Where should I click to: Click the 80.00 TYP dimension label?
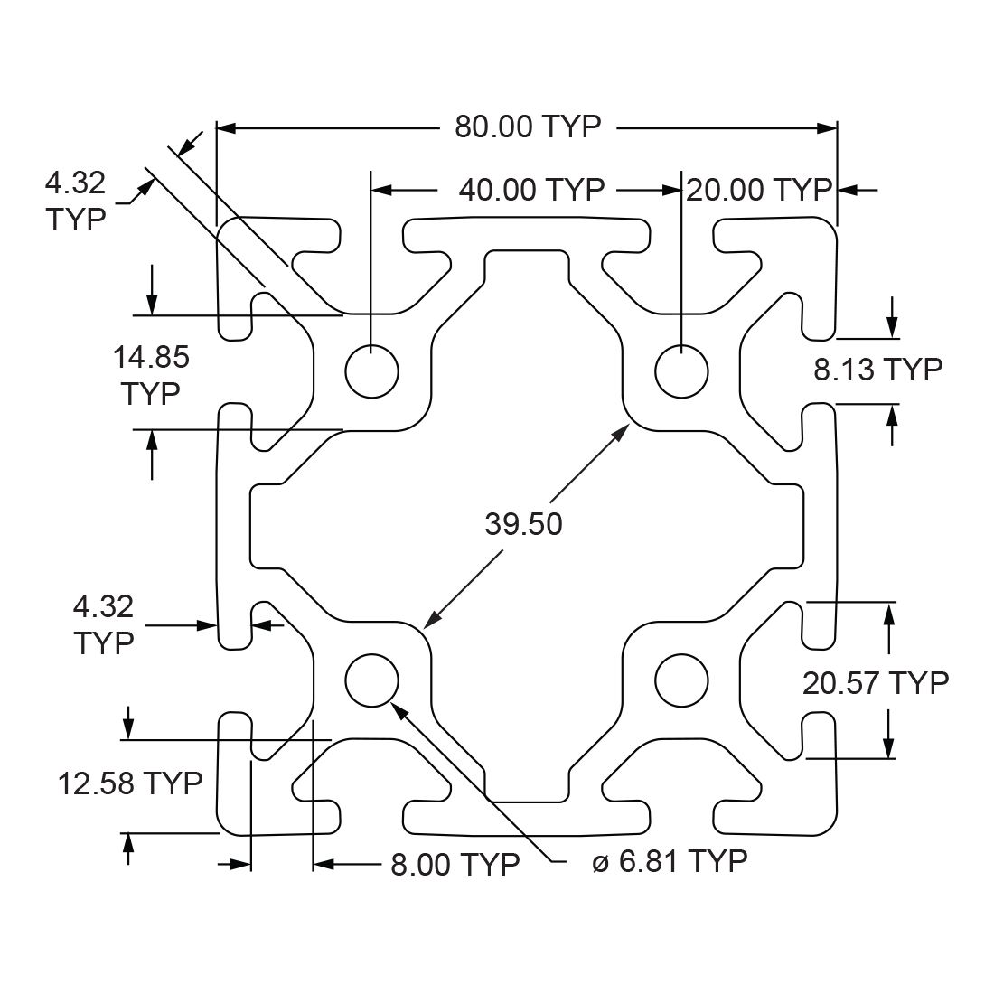click(528, 127)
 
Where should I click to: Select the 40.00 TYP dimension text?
click(531, 190)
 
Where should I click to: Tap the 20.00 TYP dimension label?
click(758, 190)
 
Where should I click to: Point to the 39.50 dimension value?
click(523, 523)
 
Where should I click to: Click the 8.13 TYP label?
click(877, 369)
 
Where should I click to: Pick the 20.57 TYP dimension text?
click(876, 683)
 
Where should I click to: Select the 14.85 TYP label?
click(151, 375)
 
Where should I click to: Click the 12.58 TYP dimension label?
click(130, 783)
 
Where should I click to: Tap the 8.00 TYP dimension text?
click(455, 865)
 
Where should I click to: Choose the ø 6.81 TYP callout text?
click(670, 861)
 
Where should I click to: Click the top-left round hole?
click(371, 370)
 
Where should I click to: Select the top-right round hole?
click(682, 370)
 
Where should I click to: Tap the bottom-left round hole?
click(371, 680)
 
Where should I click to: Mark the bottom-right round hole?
click(682, 680)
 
